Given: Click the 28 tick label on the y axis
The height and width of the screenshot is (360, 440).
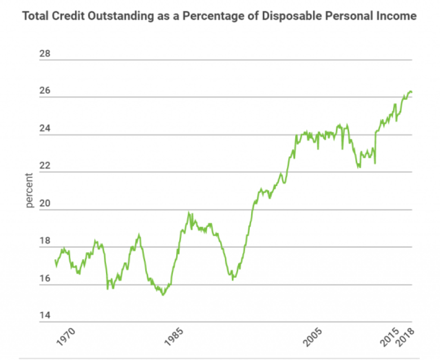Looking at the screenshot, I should pyautogui.click(x=45, y=54).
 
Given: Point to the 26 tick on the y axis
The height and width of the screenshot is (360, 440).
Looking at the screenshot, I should pyautogui.click(x=45, y=91).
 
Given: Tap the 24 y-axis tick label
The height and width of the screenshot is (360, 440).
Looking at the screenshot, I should pyautogui.click(x=45, y=128).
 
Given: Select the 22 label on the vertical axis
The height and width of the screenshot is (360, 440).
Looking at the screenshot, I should pyautogui.click(x=45, y=166).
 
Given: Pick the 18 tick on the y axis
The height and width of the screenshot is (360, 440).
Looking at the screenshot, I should pyautogui.click(x=45, y=241).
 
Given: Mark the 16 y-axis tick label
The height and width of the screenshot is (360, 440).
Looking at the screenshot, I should pyautogui.click(x=45, y=278).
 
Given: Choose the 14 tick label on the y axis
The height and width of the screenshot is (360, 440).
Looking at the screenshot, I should pyautogui.click(x=45, y=316).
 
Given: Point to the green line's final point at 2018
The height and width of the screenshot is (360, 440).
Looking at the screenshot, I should pyautogui.click(x=411, y=92).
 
